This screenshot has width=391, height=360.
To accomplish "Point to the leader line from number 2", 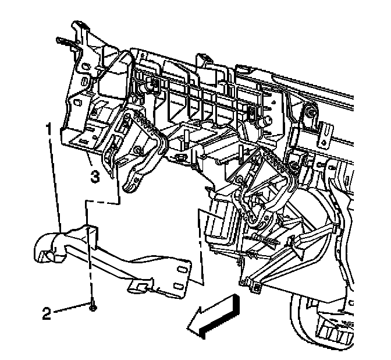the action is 73,310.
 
